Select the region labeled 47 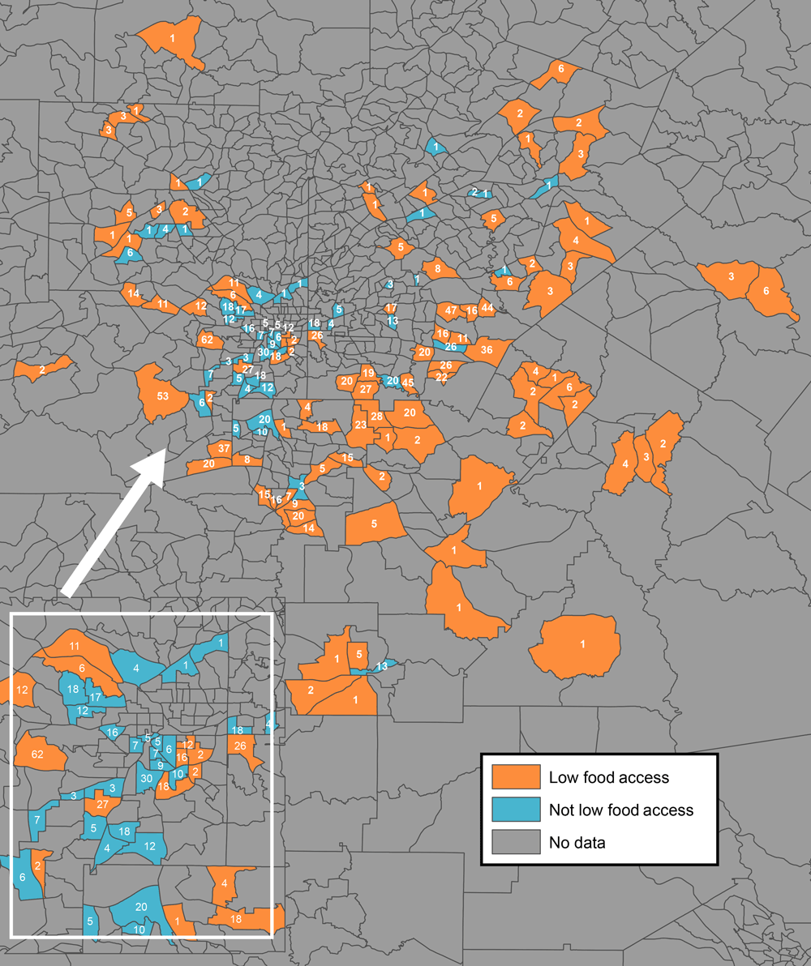coord(449,310)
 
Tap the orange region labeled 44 coord(487,307)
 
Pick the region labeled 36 coord(487,349)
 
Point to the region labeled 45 coord(408,383)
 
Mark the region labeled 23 coord(360,425)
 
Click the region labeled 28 coord(376,416)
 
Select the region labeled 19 coord(367,373)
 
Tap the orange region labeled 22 coord(442,377)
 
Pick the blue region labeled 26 coord(450,347)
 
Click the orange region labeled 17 coord(391,308)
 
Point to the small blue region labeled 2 coord(474,192)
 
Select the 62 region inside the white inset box coord(37,754)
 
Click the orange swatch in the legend coord(516,777)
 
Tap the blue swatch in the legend coord(516,810)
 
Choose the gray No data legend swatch coord(516,842)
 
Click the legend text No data coord(577,843)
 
